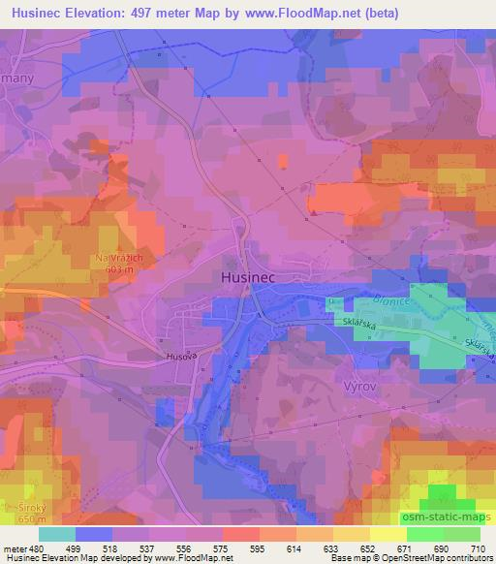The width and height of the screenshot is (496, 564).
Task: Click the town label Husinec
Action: pyautogui.click(x=244, y=277)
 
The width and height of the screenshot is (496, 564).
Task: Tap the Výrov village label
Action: pyautogui.click(x=358, y=385)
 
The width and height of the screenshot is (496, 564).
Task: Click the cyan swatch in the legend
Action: pyautogui.click(x=57, y=533)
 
